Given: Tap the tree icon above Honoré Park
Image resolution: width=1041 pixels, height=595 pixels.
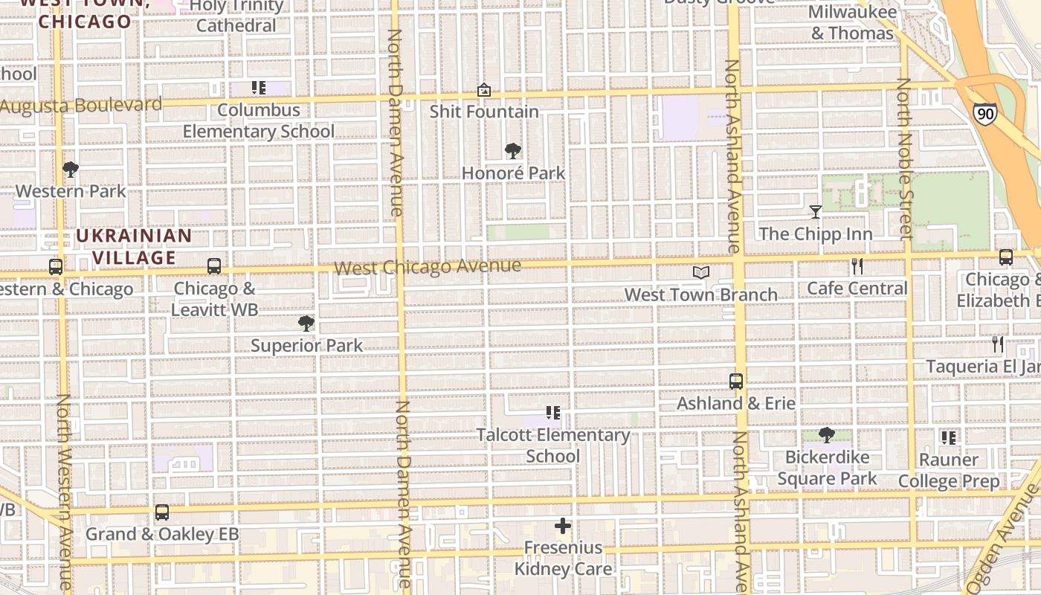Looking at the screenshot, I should [512, 151].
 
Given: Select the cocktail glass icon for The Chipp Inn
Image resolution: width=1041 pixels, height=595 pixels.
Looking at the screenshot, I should [816, 212].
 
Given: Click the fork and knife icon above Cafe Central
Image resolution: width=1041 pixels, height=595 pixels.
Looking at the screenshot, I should [857, 266].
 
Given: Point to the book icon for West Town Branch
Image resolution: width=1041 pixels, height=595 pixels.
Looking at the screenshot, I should [701, 273].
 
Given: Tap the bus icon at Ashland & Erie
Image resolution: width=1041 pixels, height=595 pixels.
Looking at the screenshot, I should [736, 382].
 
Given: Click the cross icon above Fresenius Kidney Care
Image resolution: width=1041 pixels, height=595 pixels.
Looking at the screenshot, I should [563, 527].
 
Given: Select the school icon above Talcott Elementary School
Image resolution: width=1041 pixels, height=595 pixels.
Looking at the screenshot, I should [552, 413].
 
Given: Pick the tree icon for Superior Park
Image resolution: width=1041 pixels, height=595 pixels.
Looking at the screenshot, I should [306, 324].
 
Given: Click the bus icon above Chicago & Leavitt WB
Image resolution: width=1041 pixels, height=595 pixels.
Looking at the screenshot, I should [214, 266].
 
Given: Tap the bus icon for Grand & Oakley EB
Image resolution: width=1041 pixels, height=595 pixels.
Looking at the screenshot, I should [162, 512].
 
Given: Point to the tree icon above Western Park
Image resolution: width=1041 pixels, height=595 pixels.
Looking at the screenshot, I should [71, 170].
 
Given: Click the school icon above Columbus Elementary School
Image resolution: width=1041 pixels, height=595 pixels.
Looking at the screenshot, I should [258, 89].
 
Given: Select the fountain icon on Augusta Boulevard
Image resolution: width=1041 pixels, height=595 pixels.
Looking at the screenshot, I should [484, 90].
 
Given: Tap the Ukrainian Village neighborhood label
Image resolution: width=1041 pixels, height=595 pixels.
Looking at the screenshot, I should [135, 247].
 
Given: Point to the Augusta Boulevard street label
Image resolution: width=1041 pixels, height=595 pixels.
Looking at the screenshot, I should [81, 105].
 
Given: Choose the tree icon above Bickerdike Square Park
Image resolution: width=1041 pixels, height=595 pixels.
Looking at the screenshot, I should [826, 435].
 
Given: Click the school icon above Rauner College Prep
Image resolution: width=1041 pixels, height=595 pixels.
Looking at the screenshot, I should [948, 437].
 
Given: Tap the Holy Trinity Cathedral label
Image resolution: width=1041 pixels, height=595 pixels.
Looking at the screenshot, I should [237, 16].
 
